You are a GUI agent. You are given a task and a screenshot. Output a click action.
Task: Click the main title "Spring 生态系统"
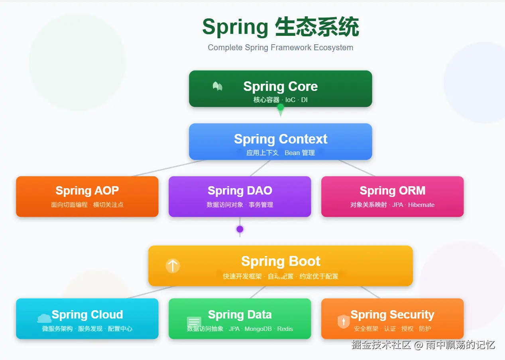point(280,27)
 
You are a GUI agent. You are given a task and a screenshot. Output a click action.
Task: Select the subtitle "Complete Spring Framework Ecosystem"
point(280,47)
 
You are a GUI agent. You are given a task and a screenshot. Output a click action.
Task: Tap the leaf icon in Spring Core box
point(217,86)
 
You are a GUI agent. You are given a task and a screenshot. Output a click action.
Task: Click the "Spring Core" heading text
point(280,86)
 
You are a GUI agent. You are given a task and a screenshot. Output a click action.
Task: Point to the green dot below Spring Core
point(281,107)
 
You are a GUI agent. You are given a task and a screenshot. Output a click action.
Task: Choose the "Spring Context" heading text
point(280,139)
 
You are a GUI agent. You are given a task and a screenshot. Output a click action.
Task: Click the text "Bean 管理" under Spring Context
point(300,153)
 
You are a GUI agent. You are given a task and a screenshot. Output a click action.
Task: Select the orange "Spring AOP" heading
point(87,191)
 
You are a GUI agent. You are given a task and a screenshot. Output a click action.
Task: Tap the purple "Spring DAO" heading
point(240,191)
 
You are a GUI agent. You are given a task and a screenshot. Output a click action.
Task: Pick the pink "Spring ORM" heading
point(392,191)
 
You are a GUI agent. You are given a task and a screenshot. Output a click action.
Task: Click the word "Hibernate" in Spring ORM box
point(421,205)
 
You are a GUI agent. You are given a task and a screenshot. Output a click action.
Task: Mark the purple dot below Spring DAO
point(240,229)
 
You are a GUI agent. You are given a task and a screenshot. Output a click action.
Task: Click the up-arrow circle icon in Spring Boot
point(173,266)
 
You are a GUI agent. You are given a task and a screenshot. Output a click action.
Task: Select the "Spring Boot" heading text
point(281,261)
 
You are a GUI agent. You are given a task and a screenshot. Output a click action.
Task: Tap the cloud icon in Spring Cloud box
point(44,318)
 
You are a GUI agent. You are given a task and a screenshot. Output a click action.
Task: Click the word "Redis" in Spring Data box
point(285,329)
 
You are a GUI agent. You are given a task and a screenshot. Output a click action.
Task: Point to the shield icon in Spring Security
point(343,321)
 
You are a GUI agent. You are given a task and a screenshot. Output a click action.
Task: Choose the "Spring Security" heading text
point(392,315)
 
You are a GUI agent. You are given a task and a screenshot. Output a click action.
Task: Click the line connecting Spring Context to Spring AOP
point(167,168)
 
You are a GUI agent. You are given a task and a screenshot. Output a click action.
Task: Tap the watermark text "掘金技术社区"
point(381,344)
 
